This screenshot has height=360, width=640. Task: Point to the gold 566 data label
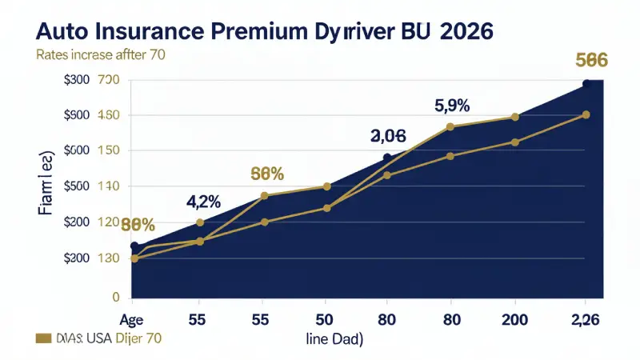click(x=592, y=60)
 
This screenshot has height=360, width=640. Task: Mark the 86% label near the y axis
click(x=138, y=225)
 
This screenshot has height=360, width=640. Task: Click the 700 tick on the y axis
click(x=109, y=80)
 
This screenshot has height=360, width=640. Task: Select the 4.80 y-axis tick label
click(x=109, y=115)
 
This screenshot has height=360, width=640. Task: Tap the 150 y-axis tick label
click(x=109, y=151)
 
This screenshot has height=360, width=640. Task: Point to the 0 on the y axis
click(x=115, y=297)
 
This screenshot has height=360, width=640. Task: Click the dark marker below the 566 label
click(x=586, y=83)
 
